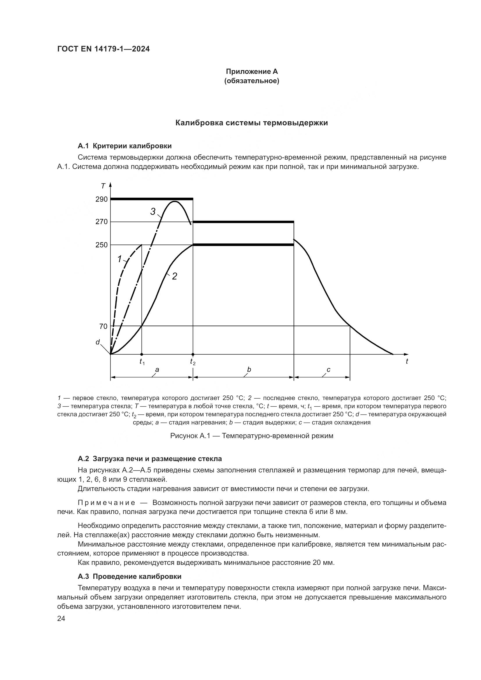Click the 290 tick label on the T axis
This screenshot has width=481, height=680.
coord(101,199)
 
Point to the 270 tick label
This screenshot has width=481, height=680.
coord(101,222)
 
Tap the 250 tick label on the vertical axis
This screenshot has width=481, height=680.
coord(101,245)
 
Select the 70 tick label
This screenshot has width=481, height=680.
coord(103,326)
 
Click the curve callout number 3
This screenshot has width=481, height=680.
coord(153,211)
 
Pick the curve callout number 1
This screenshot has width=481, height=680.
coord(119,259)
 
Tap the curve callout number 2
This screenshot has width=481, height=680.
coord(174,276)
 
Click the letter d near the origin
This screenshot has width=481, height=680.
coord(97,342)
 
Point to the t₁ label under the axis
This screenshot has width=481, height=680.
coord(142,362)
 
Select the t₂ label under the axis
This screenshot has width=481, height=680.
coord(193,362)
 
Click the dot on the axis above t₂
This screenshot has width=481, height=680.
coord(193,354)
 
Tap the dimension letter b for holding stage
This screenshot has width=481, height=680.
coord(249,370)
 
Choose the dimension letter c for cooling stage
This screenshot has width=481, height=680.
coord(328,370)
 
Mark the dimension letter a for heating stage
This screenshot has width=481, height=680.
coord(157,370)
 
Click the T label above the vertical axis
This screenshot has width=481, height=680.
coord(103,186)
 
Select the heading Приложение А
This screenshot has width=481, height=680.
coord(252,72)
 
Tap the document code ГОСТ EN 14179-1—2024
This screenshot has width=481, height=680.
coord(103,49)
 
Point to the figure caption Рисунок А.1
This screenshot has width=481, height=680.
coord(252,436)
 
